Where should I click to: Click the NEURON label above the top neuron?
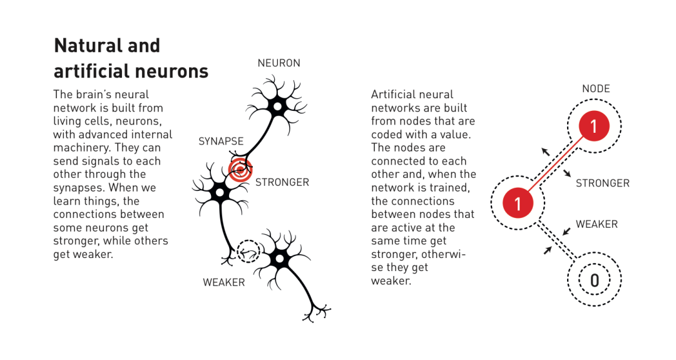pos(279,63)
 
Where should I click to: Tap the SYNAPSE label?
pos(221,141)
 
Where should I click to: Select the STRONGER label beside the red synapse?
pos(282,182)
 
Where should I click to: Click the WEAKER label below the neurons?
pos(223,282)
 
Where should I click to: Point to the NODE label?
pos(596,89)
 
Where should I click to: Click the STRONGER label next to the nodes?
pos(603,183)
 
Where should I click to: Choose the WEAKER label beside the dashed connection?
pos(597,224)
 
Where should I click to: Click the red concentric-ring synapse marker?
pos(240,170)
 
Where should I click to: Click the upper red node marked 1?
pos(594,126)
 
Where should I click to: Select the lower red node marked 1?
pos(518,203)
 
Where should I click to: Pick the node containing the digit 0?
pos(595,280)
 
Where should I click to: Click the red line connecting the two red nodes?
pos(556,164)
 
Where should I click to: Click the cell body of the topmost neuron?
pos(277,106)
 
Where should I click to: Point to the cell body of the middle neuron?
pos(220,192)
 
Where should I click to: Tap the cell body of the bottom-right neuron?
pos(280,259)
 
